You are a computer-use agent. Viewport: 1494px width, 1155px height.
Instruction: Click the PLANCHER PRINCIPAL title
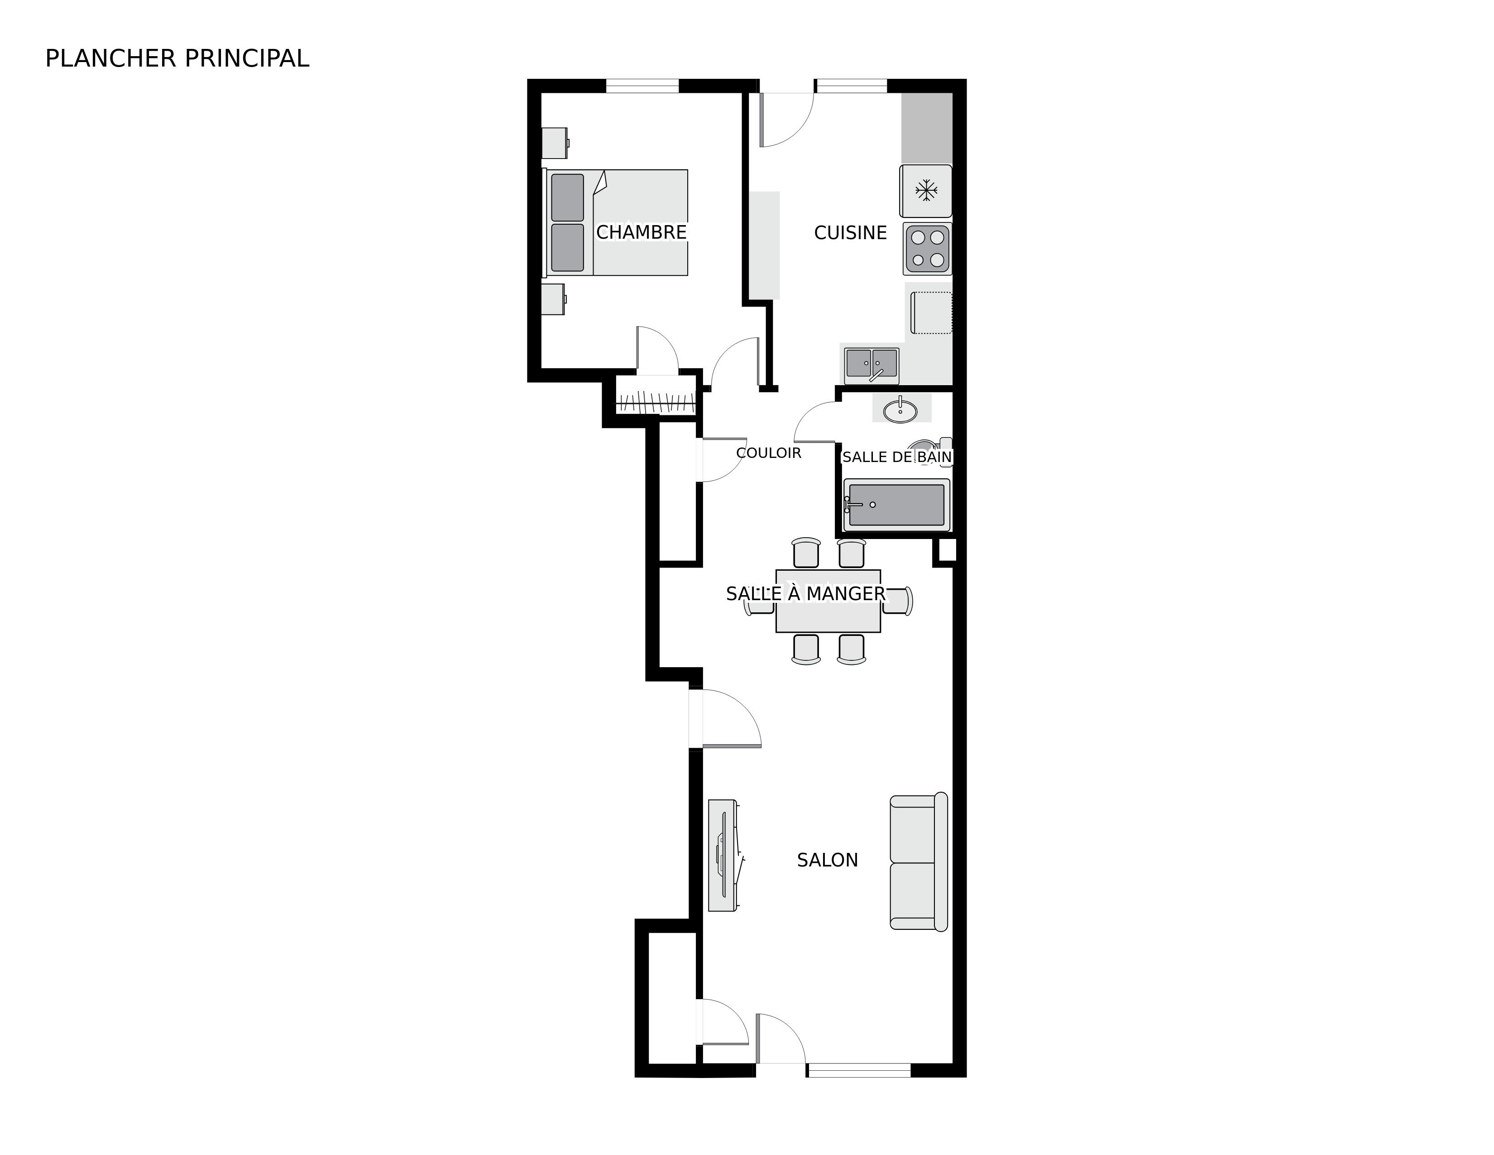point(177,59)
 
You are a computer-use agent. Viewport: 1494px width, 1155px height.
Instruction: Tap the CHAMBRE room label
point(641,233)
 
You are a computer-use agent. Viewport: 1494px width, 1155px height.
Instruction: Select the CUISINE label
point(850,233)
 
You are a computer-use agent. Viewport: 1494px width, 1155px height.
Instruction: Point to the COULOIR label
point(768,453)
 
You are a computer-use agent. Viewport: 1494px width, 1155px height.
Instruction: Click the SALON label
point(827,860)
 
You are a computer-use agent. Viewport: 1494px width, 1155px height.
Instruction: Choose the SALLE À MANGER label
point(805,594)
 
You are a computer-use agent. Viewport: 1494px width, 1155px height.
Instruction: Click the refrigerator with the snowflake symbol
point(925,191)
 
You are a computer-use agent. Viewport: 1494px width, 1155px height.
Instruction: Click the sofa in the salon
point(918,861)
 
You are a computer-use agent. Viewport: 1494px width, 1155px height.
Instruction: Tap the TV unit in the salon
point(723,855)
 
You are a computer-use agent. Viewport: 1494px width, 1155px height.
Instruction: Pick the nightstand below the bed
point(553,299)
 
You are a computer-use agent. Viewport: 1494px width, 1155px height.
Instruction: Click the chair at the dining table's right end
point(899,601)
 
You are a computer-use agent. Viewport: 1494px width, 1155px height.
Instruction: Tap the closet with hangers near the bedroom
point(656,402)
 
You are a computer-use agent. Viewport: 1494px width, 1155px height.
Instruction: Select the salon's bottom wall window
point(858,1070)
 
